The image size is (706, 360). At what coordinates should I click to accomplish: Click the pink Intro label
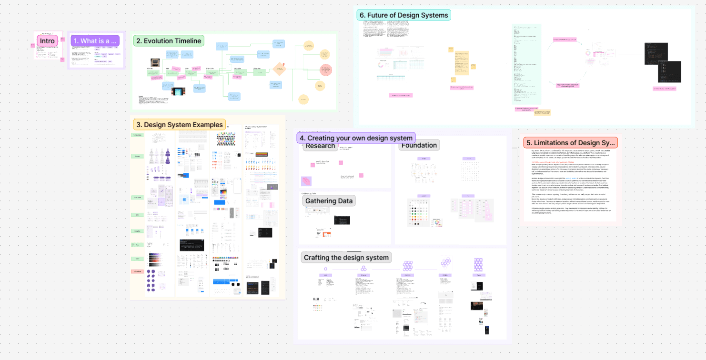click(47, 41)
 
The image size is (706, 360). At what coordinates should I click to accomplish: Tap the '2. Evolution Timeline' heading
click(169, 41)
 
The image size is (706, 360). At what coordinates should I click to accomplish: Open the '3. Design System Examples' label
click(179, 125)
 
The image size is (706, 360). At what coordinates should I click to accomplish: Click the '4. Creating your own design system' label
click(356, 138)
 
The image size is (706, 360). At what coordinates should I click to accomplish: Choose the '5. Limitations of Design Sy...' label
click(570, 143)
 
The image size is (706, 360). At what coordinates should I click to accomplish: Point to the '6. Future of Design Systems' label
click(403, 15)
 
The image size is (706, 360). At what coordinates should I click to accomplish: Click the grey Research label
click(320, 146)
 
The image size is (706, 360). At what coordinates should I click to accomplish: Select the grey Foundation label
click(419, 145)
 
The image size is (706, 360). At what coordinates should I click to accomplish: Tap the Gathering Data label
click(329, 201)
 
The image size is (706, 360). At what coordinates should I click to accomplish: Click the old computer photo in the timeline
click(155, 63)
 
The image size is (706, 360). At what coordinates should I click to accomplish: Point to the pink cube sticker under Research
click(306, 181)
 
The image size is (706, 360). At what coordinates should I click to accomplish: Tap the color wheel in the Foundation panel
click(437, 222)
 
